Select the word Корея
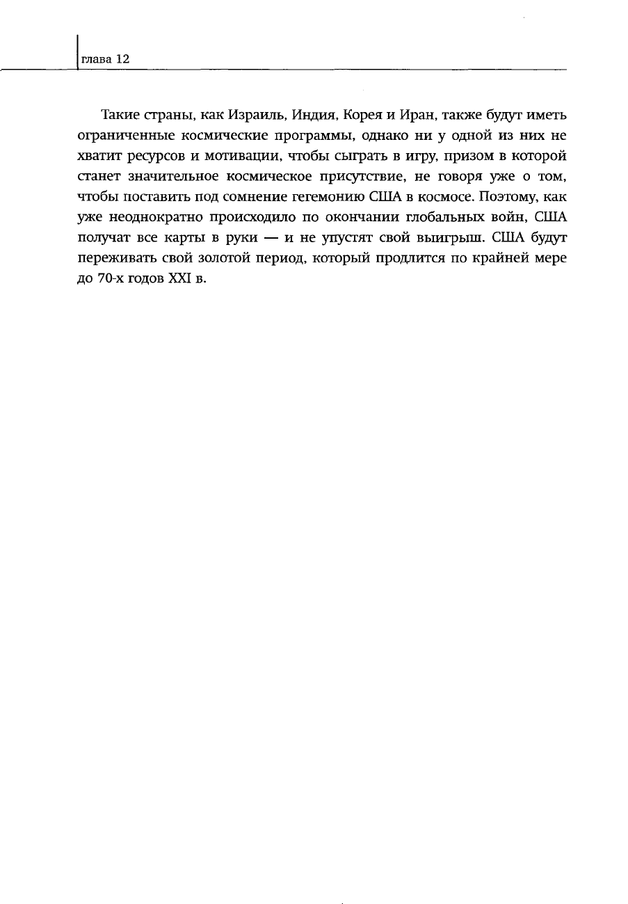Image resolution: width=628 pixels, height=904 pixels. click(357, 114)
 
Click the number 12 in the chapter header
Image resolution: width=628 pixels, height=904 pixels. click(122, 60)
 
